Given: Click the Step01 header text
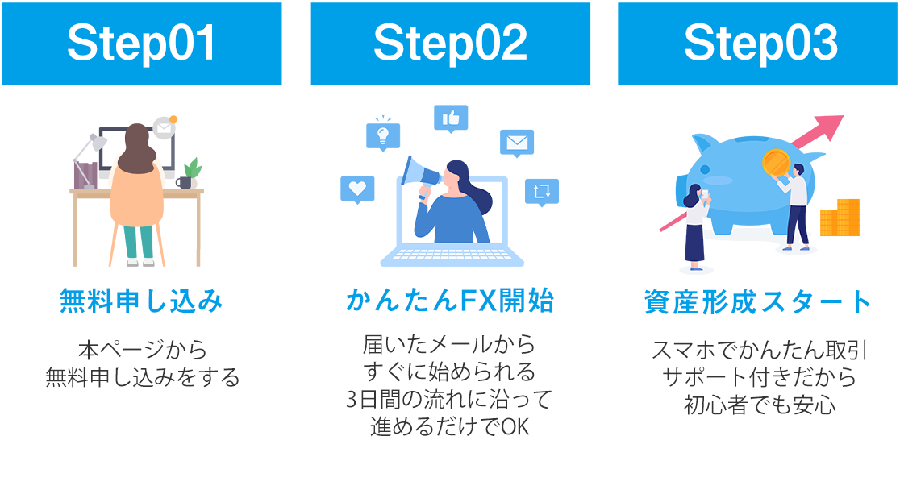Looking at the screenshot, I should point(142,44).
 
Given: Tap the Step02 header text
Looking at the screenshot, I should point(450,44).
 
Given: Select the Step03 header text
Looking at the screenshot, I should point(758,44).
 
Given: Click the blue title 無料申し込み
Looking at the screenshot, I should point(142,302).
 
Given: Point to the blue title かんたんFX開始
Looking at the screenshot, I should point(450,302).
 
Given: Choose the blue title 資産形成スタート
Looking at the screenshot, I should point(758,304).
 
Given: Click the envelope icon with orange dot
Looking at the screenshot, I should point(165,127).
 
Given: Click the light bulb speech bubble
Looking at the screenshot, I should point(382,135).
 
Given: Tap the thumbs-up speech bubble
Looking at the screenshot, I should point(451,118).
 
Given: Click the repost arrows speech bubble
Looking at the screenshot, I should point(541,192).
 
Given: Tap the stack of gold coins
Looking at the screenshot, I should point(840,218).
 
